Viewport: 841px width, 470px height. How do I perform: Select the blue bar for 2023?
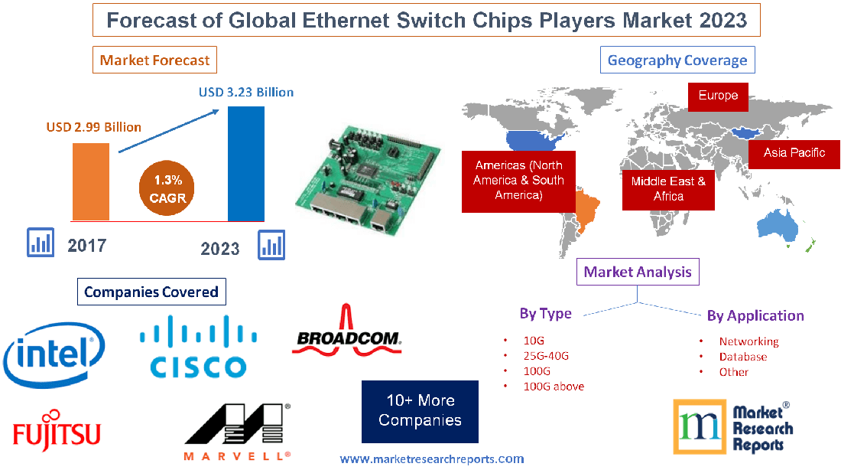246,163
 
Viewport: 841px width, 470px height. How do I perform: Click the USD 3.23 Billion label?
246,92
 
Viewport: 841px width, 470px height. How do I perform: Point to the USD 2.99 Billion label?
93,127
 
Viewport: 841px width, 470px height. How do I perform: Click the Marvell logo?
237,432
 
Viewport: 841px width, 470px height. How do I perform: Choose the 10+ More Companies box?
420,411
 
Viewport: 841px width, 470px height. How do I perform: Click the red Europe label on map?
718,96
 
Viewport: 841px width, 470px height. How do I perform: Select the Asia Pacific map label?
794,153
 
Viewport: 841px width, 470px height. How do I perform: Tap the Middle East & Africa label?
668,188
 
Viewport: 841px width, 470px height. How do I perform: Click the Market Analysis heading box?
638,272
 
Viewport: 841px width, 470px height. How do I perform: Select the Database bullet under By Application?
742,357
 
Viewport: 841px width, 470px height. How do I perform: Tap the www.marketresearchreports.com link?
432,459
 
